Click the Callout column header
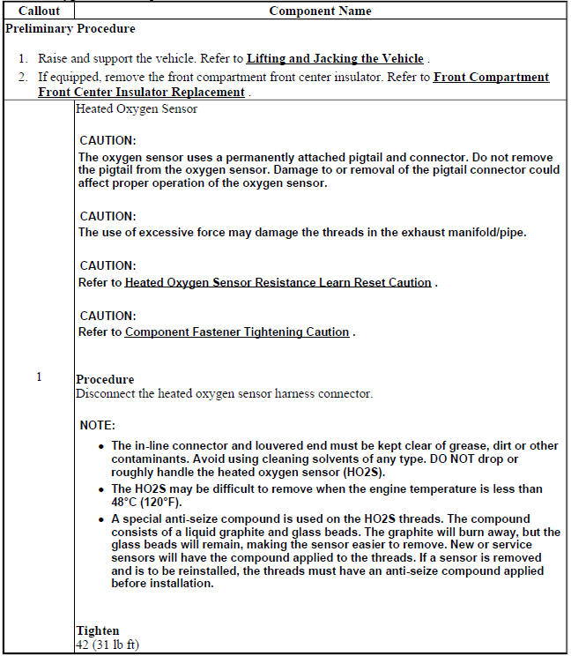[x=39, y=11]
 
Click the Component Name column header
[x=320, y=11]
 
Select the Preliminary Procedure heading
[x=70, y=28]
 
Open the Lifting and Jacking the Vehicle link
[x=336, y=59]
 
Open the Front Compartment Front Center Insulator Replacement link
[x=293, y=85]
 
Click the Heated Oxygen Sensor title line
[x=137, y=109]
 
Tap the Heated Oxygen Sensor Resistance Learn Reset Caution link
[x=278, y=283]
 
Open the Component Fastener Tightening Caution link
[x=238, y=332]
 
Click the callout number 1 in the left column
[x=39, y=377]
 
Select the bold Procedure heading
[x=105, y=380]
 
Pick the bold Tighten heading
[x=98, y=631]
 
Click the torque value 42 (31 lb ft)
[x=108, y=645]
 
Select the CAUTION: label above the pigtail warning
[x=108, y=141]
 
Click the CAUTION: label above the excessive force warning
[x=108, y=216]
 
